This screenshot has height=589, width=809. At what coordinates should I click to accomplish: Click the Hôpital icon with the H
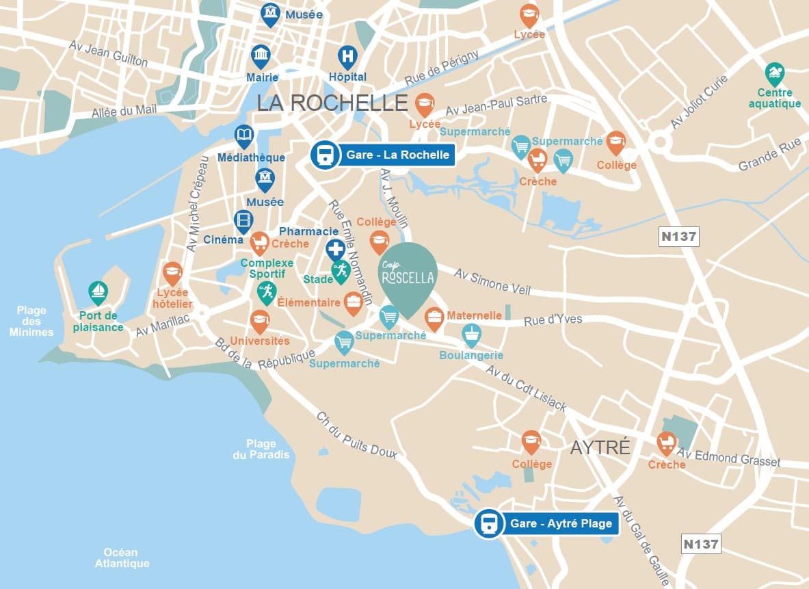tap(348, 56)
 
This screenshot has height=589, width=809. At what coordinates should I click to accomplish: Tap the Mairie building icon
tap(261, 55)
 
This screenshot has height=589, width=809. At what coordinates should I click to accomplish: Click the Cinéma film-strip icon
tap(243, 220)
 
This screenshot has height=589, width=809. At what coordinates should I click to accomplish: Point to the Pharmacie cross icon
tap(335, 249)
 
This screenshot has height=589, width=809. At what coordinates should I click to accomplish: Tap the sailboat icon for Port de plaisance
tap(98, 291)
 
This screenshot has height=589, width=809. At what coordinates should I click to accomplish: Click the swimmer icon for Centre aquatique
tap(775, 73)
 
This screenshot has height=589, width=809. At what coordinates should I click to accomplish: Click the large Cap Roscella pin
tap(408, 276)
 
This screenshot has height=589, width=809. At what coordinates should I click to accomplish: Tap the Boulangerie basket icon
tap(471, 335)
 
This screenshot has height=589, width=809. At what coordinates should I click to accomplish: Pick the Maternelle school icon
tap(434, 317)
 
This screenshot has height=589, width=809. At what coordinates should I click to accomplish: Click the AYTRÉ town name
tap(600, 447)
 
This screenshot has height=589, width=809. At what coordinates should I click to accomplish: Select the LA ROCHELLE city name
tap(332, 103)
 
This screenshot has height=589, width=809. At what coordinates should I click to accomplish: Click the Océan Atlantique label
tap(122, 558)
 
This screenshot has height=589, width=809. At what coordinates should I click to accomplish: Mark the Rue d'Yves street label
tap(553, 319)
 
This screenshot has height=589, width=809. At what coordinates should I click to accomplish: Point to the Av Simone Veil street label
tap(492, 281)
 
